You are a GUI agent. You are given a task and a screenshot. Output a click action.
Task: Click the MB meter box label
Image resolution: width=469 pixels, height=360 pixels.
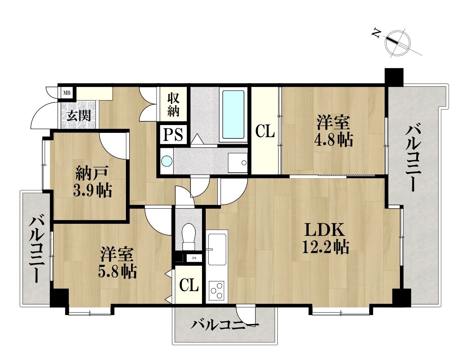[x=67, y=93]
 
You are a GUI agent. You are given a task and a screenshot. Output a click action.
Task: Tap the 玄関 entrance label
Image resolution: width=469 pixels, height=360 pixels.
[x=78, y=116]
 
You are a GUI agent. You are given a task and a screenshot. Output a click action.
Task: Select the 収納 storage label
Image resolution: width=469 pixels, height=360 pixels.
[x=173, y=105]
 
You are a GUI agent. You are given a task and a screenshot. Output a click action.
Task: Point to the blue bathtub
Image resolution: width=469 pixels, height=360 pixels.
[x=233, y=115]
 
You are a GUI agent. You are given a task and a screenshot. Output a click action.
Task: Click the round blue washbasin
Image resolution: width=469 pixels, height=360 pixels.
[x=167, y=161]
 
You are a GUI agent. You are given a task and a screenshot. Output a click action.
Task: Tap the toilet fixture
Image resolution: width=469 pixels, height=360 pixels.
[x=189, y=237]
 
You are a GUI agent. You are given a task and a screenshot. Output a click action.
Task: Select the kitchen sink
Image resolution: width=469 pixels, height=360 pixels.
[x=217, y=249]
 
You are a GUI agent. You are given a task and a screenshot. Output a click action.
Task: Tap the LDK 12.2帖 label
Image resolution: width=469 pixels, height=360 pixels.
[x=325, y=238]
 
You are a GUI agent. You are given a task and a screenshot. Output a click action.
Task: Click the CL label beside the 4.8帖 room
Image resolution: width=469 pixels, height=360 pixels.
[x=265, y=131]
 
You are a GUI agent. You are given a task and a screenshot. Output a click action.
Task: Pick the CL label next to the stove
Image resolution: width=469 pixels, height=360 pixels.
[x=189, y=285]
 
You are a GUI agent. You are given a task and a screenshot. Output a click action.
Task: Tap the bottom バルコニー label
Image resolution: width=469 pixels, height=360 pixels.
[x=224, y=325]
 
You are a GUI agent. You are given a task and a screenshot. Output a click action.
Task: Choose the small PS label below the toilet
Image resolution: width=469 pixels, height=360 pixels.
[x=194, y=258]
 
